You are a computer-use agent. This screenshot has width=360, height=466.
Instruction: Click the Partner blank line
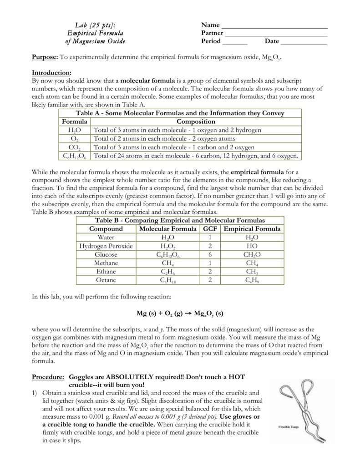point(276,35)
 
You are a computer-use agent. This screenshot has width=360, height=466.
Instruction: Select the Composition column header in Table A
point(196,122)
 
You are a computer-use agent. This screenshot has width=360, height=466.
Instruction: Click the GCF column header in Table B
point(210,229)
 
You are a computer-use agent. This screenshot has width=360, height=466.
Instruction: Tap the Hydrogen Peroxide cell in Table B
point(106,246)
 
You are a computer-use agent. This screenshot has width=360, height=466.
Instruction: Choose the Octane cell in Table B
point(106,280)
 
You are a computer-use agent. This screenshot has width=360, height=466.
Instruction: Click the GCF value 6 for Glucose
point(210,255)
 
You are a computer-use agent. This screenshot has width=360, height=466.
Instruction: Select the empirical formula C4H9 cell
point(252,280)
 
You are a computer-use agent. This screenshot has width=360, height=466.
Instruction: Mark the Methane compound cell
point(106,263)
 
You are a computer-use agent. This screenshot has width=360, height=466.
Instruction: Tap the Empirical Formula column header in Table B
point(252,229)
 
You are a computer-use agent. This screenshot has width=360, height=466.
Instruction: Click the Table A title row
point(180,113)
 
